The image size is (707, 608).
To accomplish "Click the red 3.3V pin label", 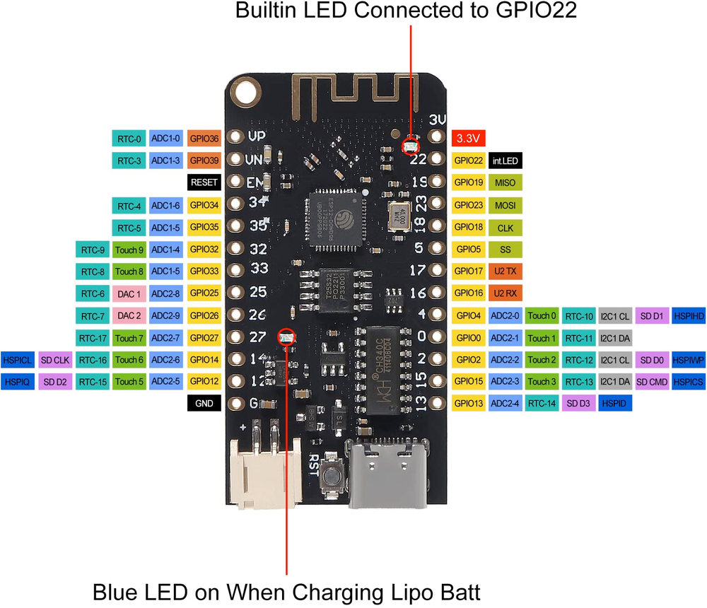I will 468,138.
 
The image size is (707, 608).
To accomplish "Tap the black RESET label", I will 204,182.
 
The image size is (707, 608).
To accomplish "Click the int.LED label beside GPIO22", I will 505,160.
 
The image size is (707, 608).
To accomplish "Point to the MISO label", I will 505,182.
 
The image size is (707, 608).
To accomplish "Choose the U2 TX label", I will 505,271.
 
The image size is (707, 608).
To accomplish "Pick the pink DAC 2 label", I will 129,315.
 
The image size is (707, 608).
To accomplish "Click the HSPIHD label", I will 688,315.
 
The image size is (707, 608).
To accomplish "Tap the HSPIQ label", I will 17,382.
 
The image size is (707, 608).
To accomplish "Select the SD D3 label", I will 578,404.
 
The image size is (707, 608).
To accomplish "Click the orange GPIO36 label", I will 204,139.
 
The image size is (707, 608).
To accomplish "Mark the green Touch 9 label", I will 129,249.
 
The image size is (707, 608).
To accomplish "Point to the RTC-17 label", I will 93,338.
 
